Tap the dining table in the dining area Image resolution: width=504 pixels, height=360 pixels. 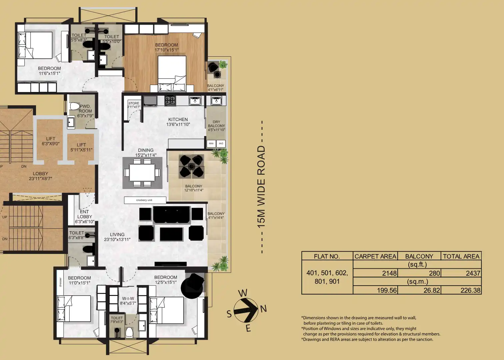[142, 172]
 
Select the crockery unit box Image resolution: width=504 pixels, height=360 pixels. [145, 200]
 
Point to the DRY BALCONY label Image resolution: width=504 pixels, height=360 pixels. [216, 126]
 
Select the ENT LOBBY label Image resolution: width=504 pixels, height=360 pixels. [84, 217]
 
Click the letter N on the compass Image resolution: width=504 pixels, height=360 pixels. [263, 309]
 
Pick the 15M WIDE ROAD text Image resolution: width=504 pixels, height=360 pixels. [261, 187]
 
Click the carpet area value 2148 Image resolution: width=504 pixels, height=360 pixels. [389, 273]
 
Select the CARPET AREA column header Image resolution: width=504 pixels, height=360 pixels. [375, 256]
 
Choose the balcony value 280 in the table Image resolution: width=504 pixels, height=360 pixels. [434, 273]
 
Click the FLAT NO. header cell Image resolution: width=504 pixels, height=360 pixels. [327, 256]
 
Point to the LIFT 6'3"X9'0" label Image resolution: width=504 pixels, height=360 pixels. [51, 141]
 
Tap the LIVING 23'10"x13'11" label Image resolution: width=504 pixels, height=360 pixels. [117, 237]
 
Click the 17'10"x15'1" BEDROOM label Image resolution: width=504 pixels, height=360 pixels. [166, 47]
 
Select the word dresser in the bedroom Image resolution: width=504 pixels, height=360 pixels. [60, 282]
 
